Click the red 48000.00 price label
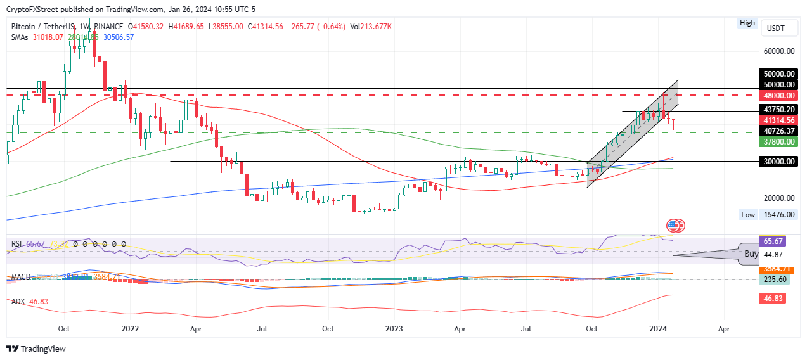coord(779,96)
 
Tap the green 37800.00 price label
coord(779,142)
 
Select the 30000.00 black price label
coord(779,162)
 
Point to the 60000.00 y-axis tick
coord(779,51)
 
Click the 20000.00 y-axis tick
coord(779,198)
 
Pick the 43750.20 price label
coord(779,109)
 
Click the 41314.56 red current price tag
coord(779,120)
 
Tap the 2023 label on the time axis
coord(394,329)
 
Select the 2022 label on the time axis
coord(130,329)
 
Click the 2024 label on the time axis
coord(658,329)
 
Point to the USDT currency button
coord(776,29)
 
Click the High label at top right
coord(747,23)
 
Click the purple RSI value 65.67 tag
coord(772,241)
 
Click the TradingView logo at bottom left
coord(36,349)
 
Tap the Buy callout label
coord(751,254)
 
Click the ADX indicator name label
coord(18,301)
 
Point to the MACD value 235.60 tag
coord(772,279)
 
